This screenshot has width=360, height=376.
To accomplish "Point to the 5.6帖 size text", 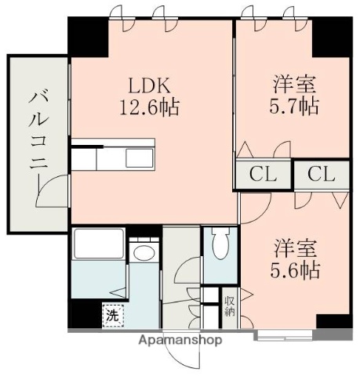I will point(296,272).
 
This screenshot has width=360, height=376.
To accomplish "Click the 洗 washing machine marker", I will point(113,316).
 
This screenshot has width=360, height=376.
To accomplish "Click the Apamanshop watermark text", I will point(180,340).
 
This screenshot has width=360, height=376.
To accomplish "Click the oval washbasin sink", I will point(143,253).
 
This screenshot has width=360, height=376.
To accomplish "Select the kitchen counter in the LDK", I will point(114,157).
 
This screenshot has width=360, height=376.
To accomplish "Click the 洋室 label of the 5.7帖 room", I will point(296,83).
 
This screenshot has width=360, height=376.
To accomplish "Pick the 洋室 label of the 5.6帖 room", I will point(296,250).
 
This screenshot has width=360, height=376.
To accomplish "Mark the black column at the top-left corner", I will point(86,35).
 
